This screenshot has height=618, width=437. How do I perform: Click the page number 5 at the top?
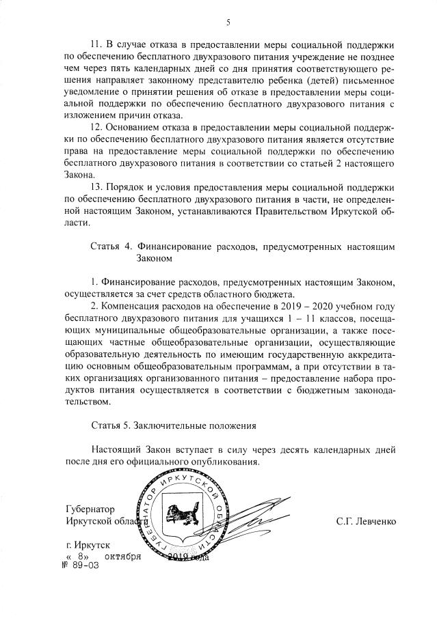pyautogui.click(x=228, y=23)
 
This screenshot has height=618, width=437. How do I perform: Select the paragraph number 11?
pyautogui.click(x=96, y=44)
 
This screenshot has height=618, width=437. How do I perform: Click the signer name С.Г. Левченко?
pyautogui.click(x=366, y=522)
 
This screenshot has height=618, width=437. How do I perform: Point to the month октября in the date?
pyautogui.click(x=123, y=557)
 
